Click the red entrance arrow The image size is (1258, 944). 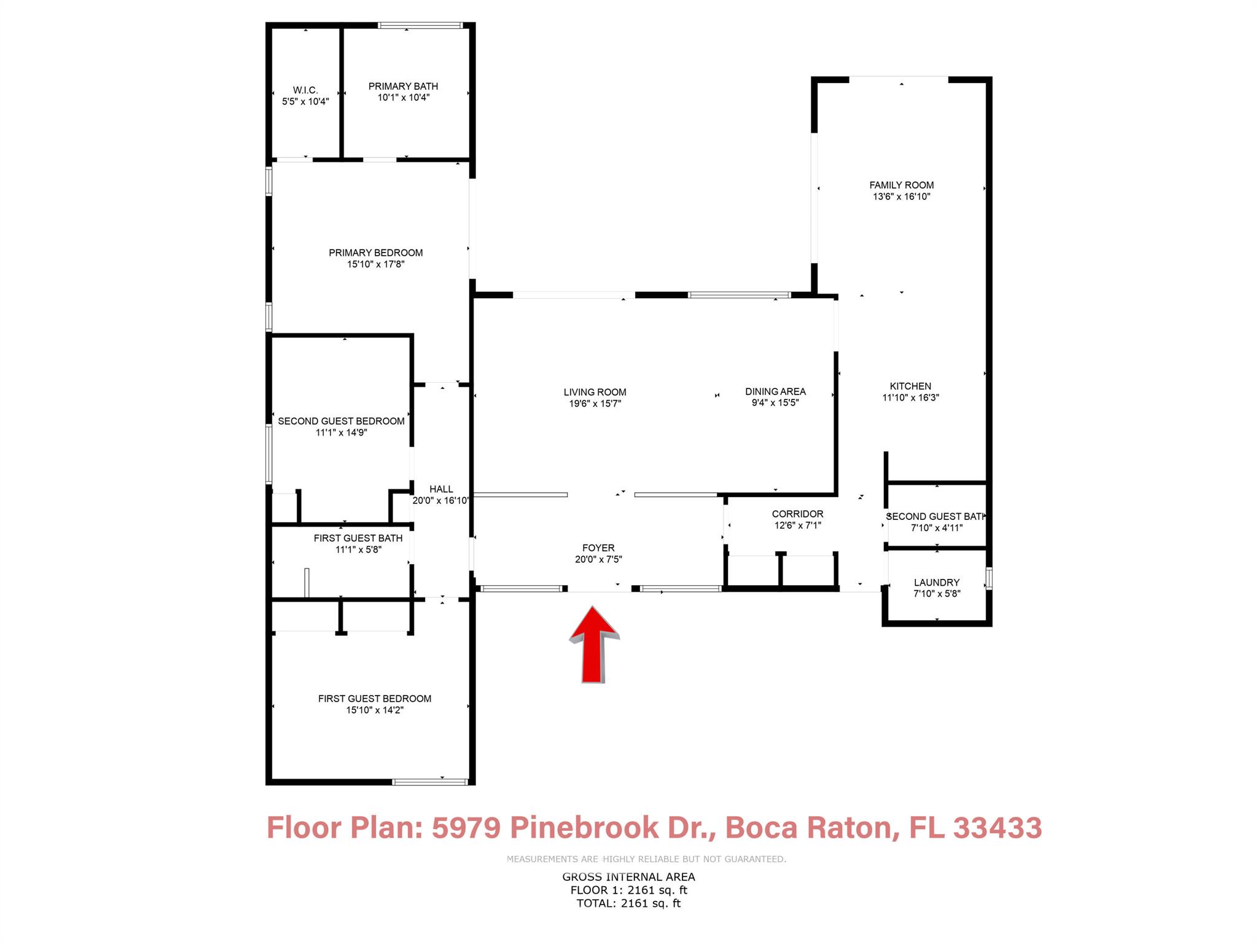[594, 645]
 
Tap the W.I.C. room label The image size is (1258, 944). [305, 90]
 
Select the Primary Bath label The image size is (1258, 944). [403, 87]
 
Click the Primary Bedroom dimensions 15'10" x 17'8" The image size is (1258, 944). [376, 264]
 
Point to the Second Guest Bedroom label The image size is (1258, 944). [341, 421]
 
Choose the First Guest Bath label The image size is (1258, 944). [358, 538]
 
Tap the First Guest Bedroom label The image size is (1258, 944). [375, 699]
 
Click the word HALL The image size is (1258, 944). [441, 489]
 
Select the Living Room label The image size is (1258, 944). [595, 392]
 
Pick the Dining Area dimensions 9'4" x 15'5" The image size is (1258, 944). [775, 403]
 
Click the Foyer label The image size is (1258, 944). [598, 548]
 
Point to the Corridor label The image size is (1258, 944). [798, 514]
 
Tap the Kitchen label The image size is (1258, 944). [910, 386]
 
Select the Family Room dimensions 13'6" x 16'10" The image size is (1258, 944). [902, 197]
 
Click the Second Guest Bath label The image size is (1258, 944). [936, 517]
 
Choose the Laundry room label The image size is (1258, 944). [937, 583]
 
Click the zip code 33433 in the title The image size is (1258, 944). [998, 827]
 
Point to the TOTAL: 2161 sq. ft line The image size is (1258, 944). [628, 903]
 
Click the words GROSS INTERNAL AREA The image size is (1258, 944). [628, 877]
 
